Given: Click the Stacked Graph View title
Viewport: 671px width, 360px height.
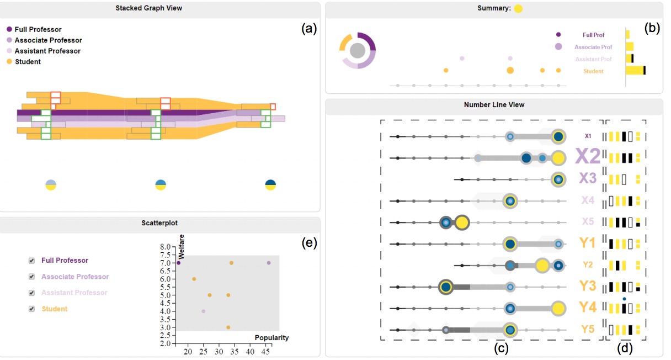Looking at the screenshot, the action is pos(148,8).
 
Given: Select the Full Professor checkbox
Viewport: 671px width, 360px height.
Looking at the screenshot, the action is pos(31,261).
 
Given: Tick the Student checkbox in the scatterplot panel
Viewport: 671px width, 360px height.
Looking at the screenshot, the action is pos(31,309).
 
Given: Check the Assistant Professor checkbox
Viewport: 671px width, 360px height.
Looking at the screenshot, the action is pos(31,293).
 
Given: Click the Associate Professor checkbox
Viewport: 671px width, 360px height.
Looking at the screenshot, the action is pos(31,277).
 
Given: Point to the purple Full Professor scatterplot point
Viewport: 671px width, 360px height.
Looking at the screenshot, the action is pos(179,263).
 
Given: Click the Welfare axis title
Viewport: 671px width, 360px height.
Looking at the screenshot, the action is pos(181,247).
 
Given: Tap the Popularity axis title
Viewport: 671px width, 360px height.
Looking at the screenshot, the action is pos(271,338).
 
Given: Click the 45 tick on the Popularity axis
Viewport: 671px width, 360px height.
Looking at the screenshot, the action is pos(265,351).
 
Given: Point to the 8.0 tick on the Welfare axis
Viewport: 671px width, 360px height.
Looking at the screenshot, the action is pos(165,247).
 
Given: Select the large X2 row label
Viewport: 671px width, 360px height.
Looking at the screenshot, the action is pos(588,156).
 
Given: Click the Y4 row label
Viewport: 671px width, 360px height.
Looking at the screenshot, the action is pos(588,307).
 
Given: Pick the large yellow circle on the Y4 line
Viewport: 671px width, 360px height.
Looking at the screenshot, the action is pos(558,309).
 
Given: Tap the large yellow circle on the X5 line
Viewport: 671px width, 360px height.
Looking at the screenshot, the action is pos(462,223).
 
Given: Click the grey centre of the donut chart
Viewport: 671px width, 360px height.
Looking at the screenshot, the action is pos(358,50).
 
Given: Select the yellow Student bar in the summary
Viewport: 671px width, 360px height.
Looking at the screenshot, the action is pos(635,71).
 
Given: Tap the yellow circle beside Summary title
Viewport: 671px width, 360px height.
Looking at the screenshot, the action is pos(518,9).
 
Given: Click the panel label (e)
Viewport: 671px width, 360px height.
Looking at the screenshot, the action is pos(309,243).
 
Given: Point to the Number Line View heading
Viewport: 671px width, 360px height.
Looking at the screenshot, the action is pos(494,105).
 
